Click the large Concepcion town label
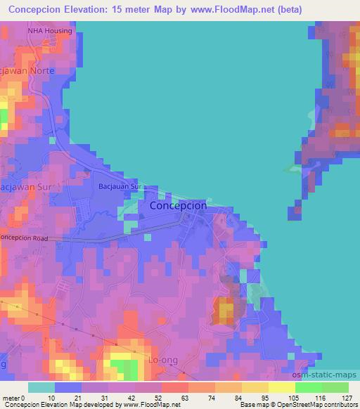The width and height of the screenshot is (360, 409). point(179,206)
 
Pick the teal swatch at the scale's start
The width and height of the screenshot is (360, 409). point(41,387)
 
